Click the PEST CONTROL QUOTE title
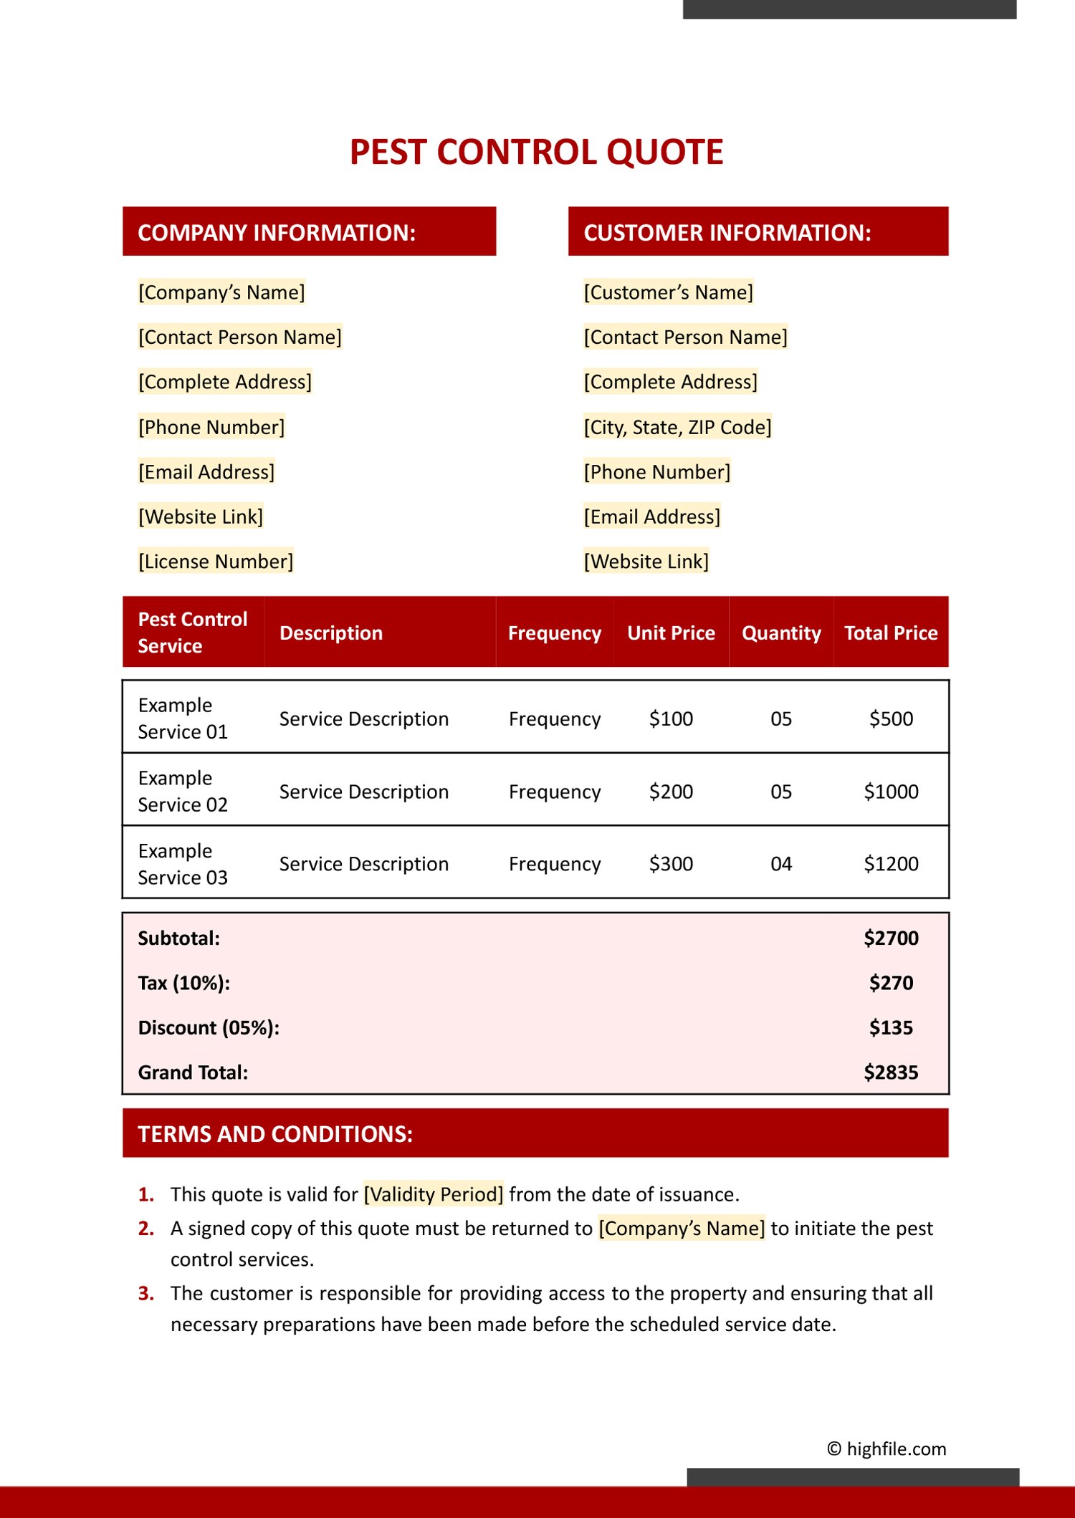[536, 152]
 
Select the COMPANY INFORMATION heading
[277, 233]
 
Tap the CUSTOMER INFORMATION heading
[727, 233]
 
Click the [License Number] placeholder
[216, 562]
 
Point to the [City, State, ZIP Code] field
[677, 428]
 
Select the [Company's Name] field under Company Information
[221, 292]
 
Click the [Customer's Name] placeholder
[668, 292]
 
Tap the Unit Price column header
[671, 633]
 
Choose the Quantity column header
[781, 633]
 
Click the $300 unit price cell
[671, 864]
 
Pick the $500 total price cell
[891, 719]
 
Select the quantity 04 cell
[781, 864]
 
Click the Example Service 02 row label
[183, 792]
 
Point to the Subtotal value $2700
[891, 938]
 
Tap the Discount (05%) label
[209, 1028]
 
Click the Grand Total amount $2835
[891, 1072]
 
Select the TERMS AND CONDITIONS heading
[275, 1134]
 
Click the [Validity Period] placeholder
[434, 1194]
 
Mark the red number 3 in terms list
[146, 1294]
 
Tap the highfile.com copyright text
[887, 1449]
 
